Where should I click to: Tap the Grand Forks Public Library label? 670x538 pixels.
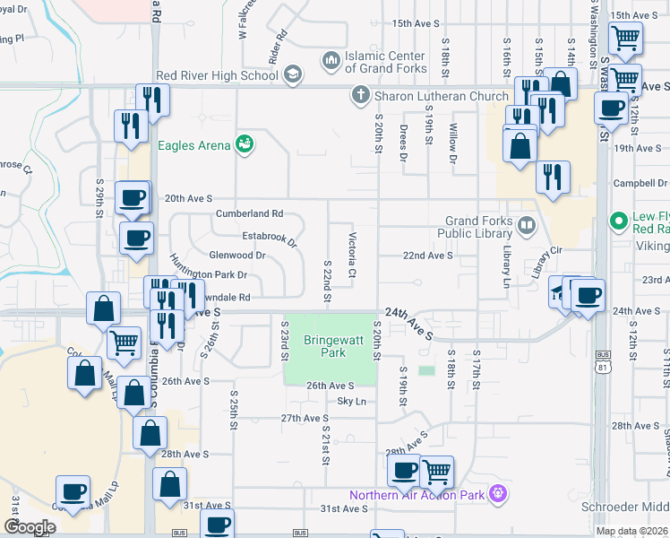(479, 228)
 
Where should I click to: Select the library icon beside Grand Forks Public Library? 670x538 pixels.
(528, 223)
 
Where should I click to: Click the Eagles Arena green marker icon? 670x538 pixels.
(244, 143)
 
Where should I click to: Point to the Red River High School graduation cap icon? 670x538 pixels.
(292, 75)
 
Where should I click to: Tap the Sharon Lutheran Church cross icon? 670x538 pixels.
(360, 94)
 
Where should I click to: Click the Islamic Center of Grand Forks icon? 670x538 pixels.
(331, 61)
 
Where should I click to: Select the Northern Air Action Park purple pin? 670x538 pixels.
(500, 494)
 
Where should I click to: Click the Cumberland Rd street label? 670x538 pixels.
(249, 214)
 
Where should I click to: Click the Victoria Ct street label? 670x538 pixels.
(352, 255)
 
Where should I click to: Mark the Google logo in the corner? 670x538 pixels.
(29, 526)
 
